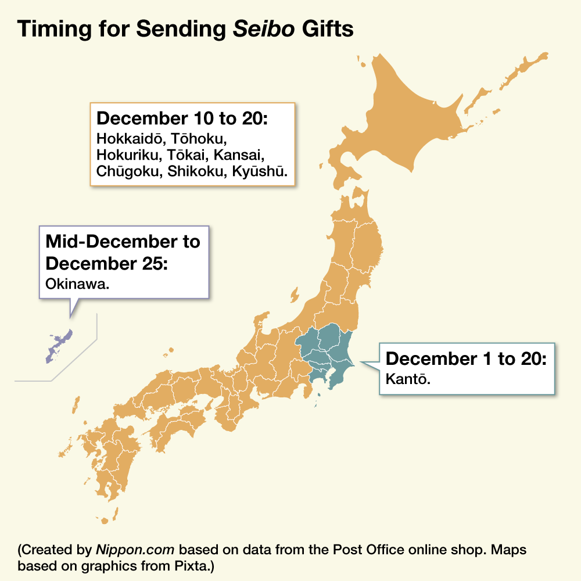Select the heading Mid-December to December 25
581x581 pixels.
(123, 252)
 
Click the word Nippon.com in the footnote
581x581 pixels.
(123, 549)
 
